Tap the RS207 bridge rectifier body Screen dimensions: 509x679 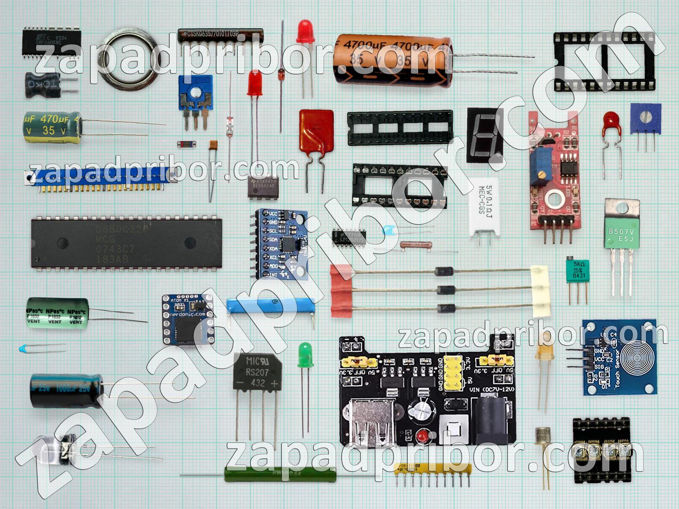(x=257, y=373)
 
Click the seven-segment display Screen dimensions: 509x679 (x=485, y=135)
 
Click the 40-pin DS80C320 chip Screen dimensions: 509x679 (x=126, y=243)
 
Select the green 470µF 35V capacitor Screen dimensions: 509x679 (x=52, y=126)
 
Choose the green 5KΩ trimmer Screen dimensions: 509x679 (x=578, y=270)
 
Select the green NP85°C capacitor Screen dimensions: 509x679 (x=57, y=313)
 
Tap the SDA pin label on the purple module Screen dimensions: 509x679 (x=273, y=240)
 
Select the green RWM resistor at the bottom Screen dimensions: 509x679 (x=280, y=474)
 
